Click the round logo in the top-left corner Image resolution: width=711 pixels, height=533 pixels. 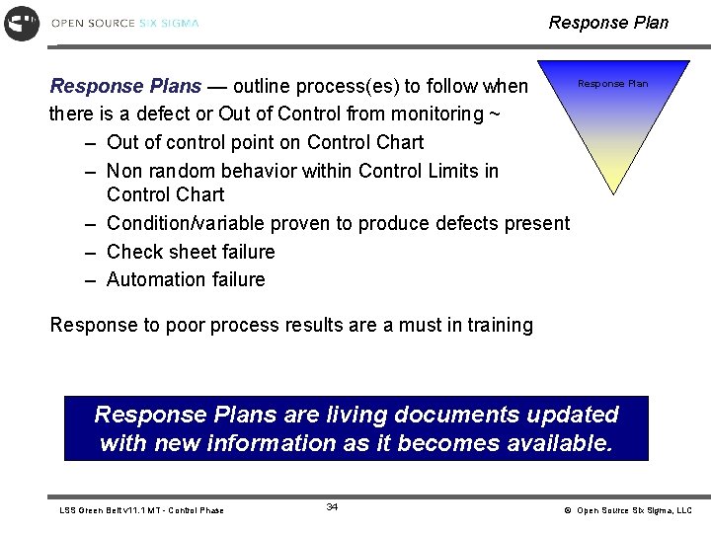[22, 23]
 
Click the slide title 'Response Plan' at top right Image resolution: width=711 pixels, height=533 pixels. [608, 22]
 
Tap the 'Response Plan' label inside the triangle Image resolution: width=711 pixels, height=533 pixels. [612, 84]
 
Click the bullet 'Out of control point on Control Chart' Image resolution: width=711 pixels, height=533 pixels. [265, 142]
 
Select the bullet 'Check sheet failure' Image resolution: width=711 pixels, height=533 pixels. [191, 252]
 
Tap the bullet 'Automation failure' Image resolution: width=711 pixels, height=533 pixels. [186, 279]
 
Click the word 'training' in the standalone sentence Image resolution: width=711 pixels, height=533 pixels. [499, 325]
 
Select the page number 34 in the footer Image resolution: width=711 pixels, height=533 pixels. [332, 507]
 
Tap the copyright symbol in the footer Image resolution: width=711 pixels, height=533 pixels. [568, 510]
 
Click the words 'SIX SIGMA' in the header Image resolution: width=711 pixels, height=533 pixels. [169, 23]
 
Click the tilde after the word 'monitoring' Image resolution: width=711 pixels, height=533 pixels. [493, 114]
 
